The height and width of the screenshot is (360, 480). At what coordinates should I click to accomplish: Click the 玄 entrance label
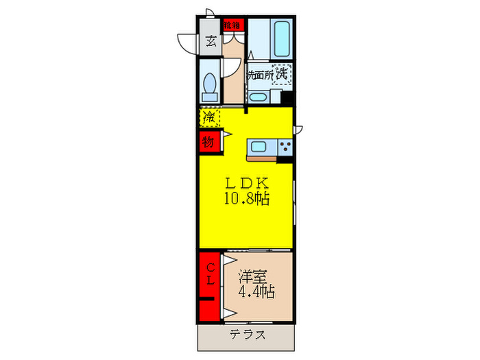210,40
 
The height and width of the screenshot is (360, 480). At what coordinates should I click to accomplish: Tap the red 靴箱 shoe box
233,25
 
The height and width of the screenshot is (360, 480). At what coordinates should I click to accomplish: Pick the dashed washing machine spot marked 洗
281,73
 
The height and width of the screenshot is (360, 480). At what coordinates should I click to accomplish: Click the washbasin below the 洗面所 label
259,96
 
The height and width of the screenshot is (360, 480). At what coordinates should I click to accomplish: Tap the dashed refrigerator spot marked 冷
209,117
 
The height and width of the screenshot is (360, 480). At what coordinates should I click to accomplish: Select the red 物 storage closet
208,143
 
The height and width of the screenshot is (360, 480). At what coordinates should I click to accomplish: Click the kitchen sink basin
261,146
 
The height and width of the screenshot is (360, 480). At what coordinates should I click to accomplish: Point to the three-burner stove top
285,146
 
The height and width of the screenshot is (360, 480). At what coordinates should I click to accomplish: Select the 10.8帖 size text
245,200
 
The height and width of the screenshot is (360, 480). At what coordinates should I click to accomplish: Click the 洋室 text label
252,276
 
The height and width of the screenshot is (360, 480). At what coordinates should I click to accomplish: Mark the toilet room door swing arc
228,69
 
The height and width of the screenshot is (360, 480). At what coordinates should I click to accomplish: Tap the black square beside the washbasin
287,98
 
